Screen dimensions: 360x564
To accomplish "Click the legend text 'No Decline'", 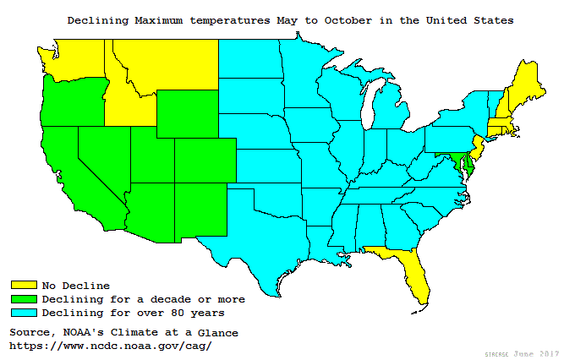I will (75, 285).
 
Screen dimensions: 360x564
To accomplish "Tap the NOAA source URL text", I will (110, 346).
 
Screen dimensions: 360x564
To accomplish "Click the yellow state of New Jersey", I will (479, 150).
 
